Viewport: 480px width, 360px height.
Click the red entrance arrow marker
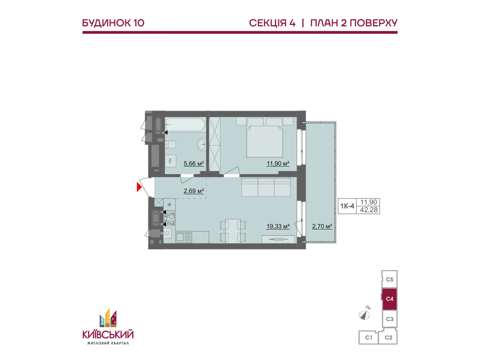click(139, 187)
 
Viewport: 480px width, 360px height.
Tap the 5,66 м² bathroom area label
click(193, 163)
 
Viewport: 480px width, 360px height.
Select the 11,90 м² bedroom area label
click(278, 163)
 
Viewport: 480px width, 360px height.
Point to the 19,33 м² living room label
click(278, 226)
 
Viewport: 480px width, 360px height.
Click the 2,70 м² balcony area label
click(322, 226)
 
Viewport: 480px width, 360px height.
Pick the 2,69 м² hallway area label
click(193, 191)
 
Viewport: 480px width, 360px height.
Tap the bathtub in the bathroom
click(185, 124)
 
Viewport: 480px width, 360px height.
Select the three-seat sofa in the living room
click(266, 187)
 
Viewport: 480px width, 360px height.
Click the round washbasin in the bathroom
click(202, 144)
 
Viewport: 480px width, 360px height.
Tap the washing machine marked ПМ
click(170, 161)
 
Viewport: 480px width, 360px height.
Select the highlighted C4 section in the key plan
click(389, 299)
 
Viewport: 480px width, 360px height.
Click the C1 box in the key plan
click(369, 337)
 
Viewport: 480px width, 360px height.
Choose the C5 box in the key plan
click(389, 279)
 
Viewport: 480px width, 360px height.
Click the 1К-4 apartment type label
click(347, 206)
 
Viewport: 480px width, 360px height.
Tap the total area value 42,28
click(369, 210)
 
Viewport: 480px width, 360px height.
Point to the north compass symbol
click(364, 315)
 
